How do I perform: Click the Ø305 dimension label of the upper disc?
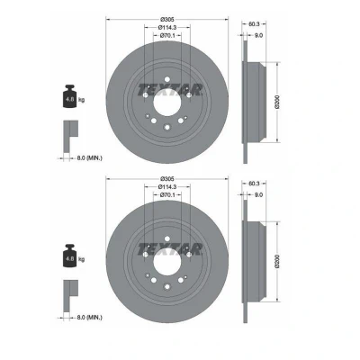(x=167, y=20)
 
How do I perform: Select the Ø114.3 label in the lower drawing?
(x=167, y=187)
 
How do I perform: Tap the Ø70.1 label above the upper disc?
(x=167, y=36)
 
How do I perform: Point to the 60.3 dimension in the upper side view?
(x=254, y=23)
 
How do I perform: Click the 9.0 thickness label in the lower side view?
(x=258, y=194)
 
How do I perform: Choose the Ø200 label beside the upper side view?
(x=277, y=102)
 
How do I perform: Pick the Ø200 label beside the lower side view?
(x=277, y=261)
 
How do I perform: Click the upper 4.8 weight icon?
(x=69, y=96)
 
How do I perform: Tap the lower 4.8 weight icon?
(x=69, y=256)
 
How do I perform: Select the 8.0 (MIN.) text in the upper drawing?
(x=89, y=158)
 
